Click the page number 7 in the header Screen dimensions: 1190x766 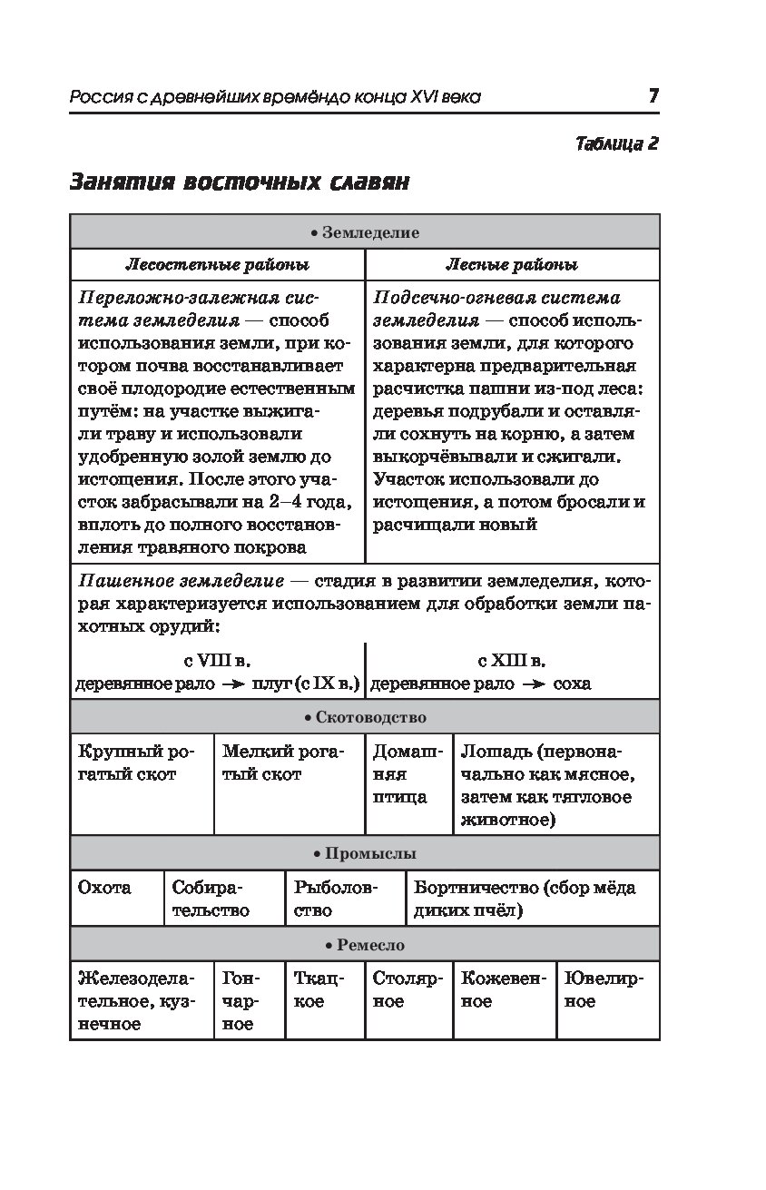(x=653, y=96)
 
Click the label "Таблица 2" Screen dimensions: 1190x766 (x=616, y=143)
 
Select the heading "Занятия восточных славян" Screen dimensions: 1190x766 (x=240, y=182)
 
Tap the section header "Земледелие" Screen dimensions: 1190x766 (x=365, y=232)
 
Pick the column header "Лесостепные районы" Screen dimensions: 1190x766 (x=217, y=265)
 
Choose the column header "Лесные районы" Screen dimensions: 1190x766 (x=512, y=265)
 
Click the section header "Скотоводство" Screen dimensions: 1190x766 (x=365, y=717)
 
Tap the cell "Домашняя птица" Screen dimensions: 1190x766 (x=408, y=774)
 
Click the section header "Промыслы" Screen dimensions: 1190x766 (x=365, y=853)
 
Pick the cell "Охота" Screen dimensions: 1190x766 (x=104, y=888)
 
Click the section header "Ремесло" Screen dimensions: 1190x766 (x=365, y=945)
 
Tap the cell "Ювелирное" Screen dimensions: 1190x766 (x=604, y=990)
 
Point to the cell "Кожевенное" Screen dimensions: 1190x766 (x=504, y=990)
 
